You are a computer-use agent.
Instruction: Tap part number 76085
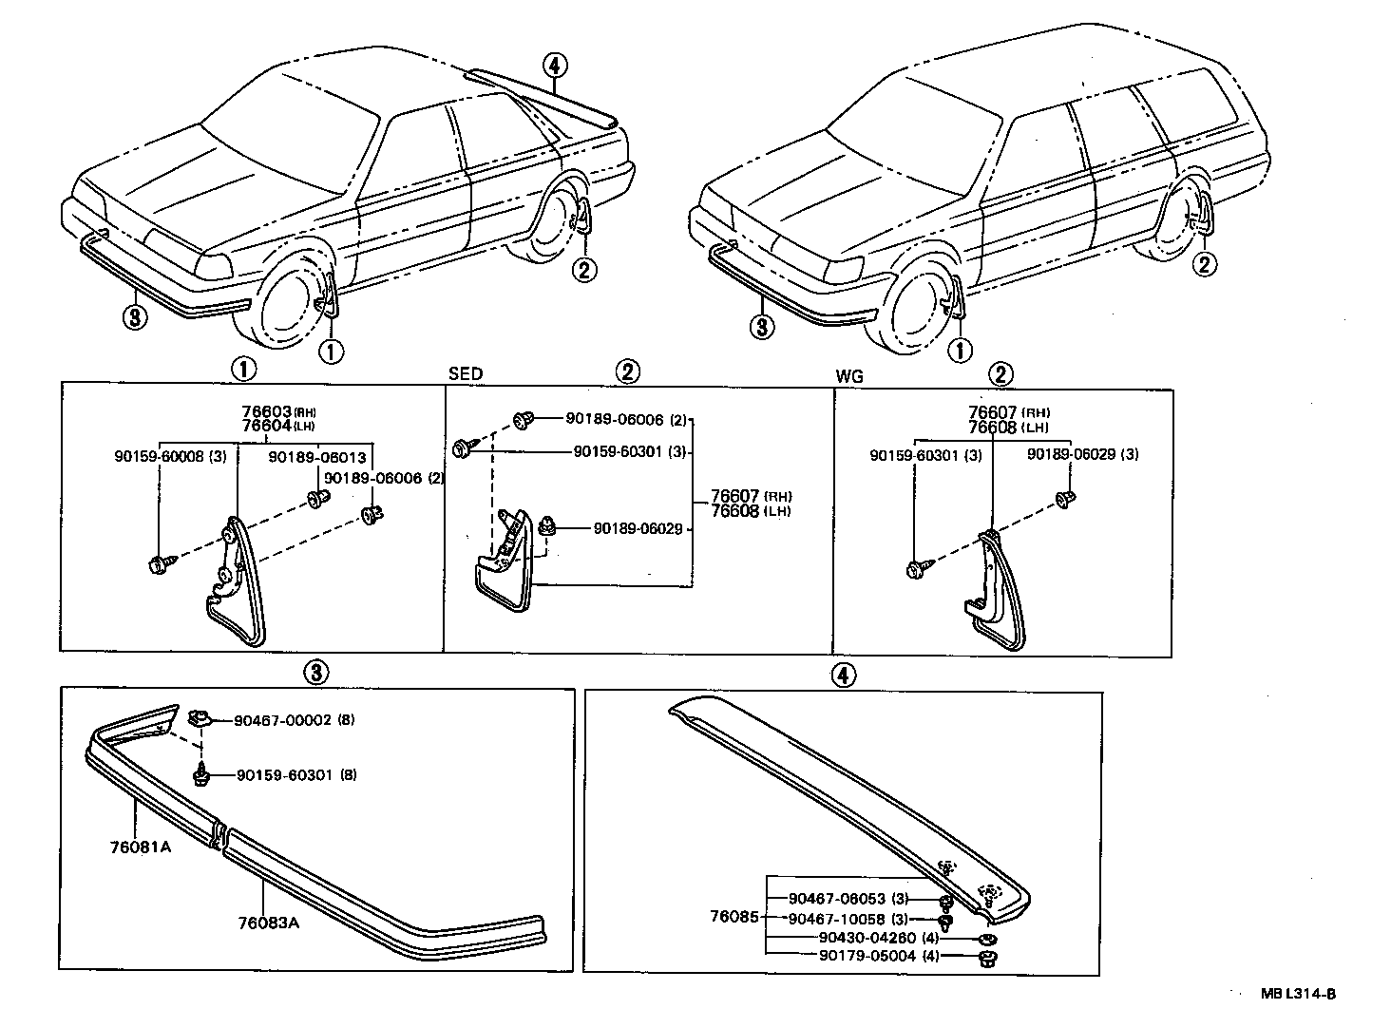[734, 918]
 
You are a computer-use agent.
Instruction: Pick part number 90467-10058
[836, 919]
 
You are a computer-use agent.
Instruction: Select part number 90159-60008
[157, 458]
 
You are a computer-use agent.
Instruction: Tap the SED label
[466, 374]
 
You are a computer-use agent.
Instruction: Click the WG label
[849, 376]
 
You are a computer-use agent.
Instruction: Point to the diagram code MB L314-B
[1298, 994]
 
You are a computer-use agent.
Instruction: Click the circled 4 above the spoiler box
[843, 675]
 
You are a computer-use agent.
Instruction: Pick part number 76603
[266, 412]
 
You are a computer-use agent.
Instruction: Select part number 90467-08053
[836, 899]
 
